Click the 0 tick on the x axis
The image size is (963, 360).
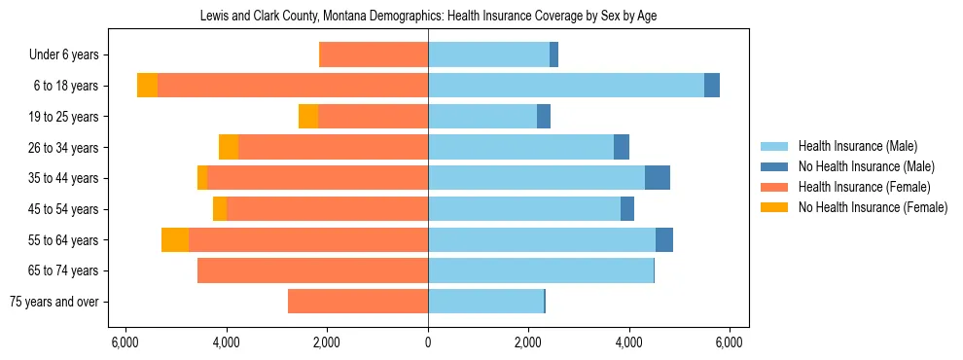tap(428, 342)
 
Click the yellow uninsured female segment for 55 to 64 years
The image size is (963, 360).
tap(175, 240)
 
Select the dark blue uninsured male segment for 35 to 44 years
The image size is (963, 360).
tap(658, 178)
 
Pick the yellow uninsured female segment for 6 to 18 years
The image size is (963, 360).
tap(147, 86)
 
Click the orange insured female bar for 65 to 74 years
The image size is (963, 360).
tap(312, 270)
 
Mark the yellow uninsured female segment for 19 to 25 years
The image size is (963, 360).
tap(308, 117)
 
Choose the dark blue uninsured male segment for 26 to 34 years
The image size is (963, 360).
tap(622, 148)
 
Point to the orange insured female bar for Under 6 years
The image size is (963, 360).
tap(374, 55)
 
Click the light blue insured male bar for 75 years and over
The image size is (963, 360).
tap(485, 302)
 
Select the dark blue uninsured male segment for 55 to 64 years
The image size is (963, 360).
tap(664, 240)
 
